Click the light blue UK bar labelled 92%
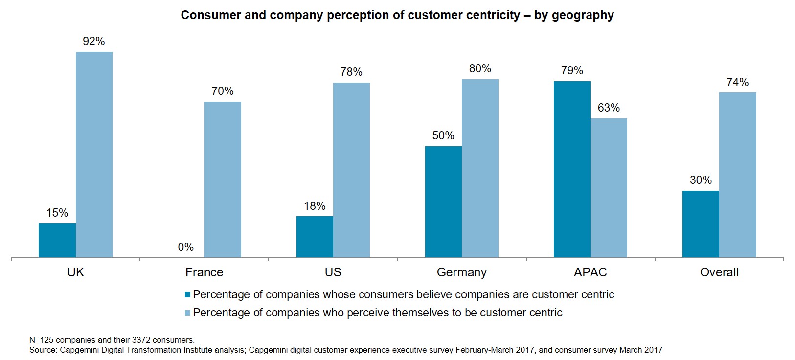[x=94, y=155]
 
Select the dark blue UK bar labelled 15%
[x=57, y=240]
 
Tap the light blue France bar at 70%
[x=223, y=180]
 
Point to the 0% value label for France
[x=186, y=247]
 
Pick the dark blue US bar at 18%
[x=315, y=237]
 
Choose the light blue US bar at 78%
[x=351, y=170]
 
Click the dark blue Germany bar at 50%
[x=443, y=202]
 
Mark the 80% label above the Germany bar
[x=480, y=69]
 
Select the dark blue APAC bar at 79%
[x=572, y=169]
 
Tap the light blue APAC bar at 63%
[x=609, y=188]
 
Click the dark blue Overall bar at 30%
[x=701, y=224]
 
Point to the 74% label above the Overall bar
[x=737, y=82]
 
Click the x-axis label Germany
[x=461, y=272]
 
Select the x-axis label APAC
[x=590, y=272]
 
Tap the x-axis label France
[x=204, y=272]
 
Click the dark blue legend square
[x=187, y=295]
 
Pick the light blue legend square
[x=187, y=313]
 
